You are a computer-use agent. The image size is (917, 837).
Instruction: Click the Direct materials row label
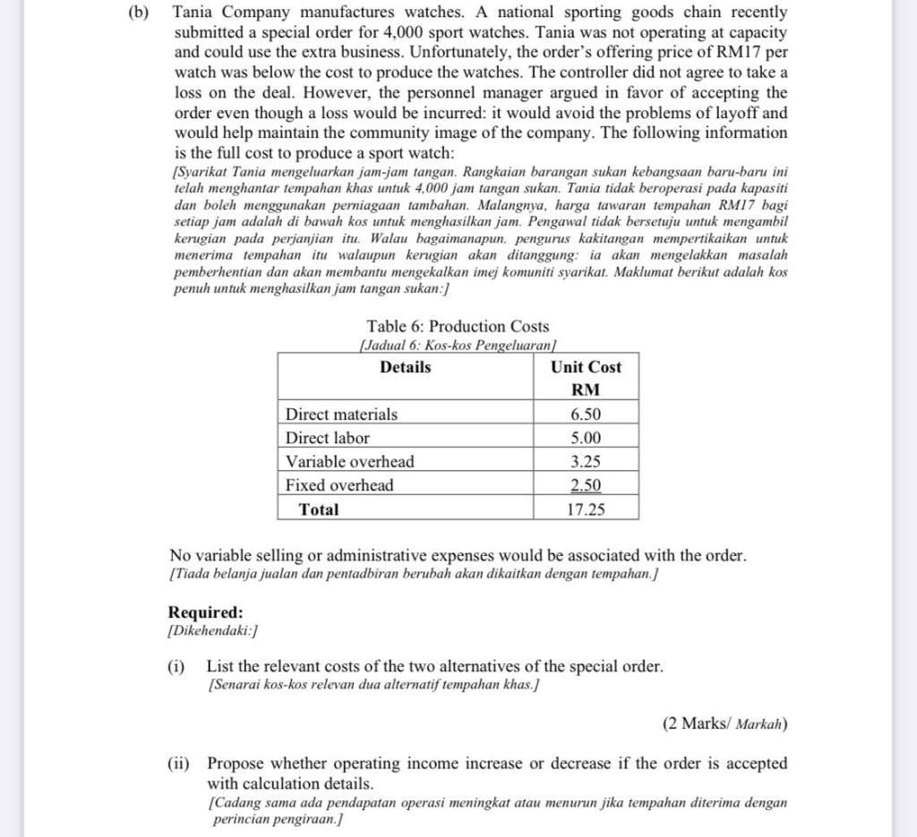341,414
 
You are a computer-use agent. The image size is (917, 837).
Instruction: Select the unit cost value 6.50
586,414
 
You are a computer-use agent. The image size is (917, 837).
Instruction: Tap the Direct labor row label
327,438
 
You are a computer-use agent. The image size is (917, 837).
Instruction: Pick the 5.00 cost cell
586,438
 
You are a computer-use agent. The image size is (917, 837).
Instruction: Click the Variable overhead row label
349,462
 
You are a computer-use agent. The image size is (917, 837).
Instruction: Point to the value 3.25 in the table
586,462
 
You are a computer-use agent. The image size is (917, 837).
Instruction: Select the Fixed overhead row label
339,485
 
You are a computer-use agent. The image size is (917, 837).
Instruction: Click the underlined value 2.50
586,485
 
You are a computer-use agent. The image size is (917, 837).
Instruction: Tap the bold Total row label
319,509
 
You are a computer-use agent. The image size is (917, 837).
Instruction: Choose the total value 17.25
586,509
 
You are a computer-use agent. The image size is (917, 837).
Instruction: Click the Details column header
405,367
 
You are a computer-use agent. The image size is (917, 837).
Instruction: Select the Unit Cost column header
586,367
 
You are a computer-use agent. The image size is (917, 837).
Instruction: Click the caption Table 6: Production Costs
458,327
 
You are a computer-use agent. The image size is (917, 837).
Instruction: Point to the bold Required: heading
205,613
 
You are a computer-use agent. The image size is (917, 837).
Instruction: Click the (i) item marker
176,667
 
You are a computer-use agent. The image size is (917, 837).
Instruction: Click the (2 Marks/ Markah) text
725,723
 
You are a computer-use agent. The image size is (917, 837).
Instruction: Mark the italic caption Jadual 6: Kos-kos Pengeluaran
458,344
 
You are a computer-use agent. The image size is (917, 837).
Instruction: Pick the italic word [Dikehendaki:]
213,631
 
